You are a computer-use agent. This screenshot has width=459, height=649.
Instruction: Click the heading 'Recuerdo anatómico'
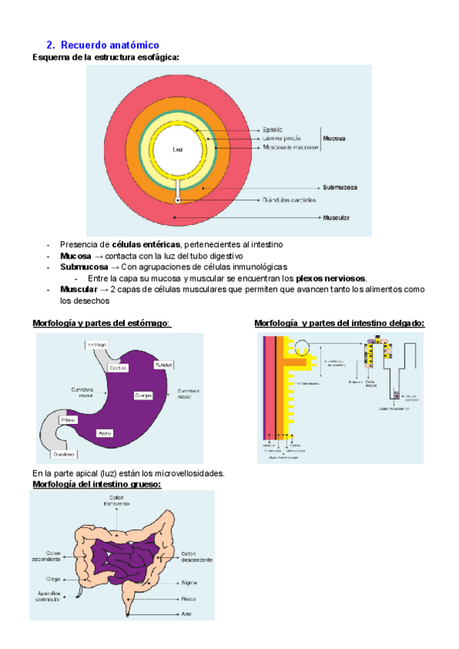point(109,46)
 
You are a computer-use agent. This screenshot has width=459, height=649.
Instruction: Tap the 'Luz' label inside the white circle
point(177,148)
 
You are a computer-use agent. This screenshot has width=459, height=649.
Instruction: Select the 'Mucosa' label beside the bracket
point(334,139)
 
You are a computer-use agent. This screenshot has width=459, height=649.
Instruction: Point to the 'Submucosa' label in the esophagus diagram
point(340,187)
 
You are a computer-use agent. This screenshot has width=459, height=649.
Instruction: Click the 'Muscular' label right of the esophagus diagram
point(337,218)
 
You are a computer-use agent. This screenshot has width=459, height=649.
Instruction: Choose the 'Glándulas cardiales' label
point(288,201)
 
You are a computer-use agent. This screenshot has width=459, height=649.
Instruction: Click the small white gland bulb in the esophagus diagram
point(178,201)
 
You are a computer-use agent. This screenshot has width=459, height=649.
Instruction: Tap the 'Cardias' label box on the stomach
point(118,367)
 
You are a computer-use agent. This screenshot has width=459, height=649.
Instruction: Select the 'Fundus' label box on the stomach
point(164,364)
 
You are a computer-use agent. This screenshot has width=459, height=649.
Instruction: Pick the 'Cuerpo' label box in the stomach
point(143,395)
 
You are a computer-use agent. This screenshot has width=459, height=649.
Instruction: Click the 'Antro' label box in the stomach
point(105,433)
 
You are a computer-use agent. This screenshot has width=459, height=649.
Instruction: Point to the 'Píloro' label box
point(68,420)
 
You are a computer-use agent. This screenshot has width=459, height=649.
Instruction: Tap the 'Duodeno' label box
point(65,455)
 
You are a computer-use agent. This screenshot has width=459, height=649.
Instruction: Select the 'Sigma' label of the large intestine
point(190,582)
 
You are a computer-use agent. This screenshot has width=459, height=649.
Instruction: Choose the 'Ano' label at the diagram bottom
point(187,613)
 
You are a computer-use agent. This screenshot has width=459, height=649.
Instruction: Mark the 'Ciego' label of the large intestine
point(53,579)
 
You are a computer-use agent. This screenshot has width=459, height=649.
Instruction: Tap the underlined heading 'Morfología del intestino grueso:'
point(96,484)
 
